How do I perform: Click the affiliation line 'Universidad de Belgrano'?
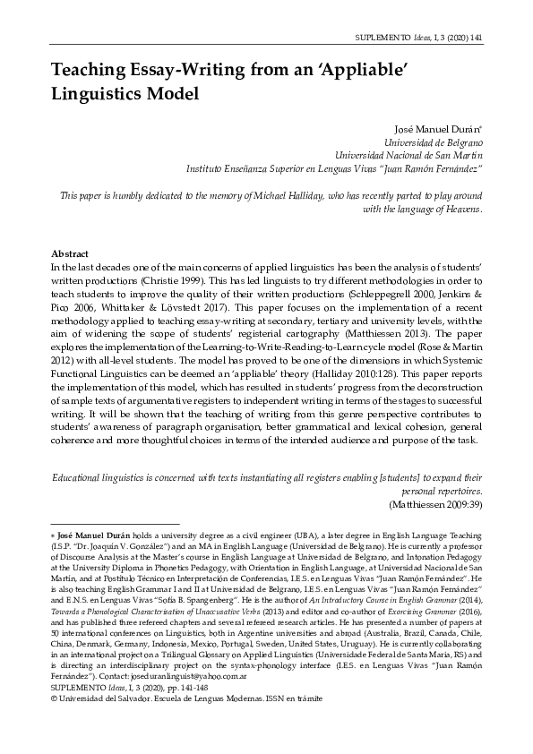(434, 141)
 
